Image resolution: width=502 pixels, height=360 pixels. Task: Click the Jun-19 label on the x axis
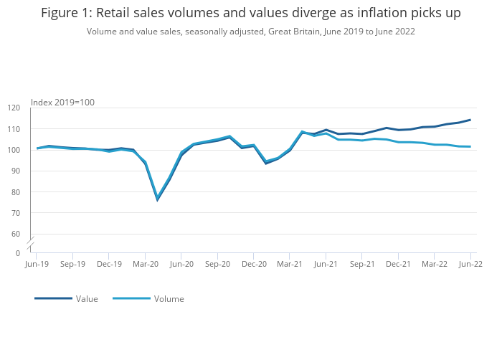(x=36, y=264)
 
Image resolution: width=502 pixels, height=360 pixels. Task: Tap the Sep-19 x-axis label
(x=72, y=264)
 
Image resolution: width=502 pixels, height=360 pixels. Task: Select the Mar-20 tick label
(x=146, y=264)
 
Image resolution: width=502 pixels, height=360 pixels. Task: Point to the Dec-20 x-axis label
(x=254, y=264)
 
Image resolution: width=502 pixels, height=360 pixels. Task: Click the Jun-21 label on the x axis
(x=326, y=264)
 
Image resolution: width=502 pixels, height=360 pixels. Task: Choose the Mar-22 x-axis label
(x=435, y=264)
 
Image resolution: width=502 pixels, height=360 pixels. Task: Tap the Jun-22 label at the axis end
(x=470, y=264)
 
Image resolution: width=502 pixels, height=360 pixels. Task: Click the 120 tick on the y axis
(x=14, y=108)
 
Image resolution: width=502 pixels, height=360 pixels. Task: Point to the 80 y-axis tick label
(x=16, y=192)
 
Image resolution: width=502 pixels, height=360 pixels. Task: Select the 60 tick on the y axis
(x=16, y=234)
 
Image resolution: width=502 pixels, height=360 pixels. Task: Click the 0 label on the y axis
(x=18, y=253)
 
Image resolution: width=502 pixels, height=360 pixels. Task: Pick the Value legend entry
(x=87, y=299)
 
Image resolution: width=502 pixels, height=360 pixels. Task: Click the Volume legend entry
(x=169, y=299)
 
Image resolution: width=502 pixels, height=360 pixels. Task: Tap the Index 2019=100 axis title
(x=63, y=103)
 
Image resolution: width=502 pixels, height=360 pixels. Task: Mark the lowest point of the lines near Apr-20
(x=157, y=199)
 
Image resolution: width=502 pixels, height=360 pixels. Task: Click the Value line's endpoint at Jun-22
(x=470, y=120)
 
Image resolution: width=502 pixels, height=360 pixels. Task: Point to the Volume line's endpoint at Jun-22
(x=470, y=147)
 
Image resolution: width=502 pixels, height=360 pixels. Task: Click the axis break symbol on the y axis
(x=31, y=243)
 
